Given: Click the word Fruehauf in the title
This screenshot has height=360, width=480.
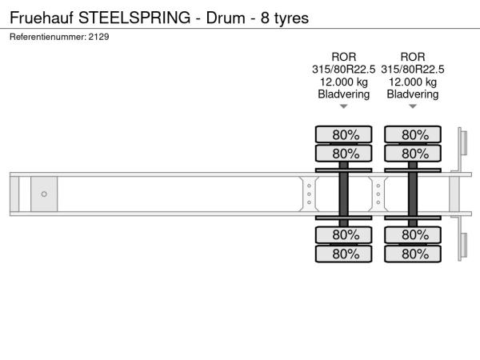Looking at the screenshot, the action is click(42, 18).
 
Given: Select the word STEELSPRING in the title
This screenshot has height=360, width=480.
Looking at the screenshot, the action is click(134, 18).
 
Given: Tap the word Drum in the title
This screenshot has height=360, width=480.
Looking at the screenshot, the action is click(226, 18).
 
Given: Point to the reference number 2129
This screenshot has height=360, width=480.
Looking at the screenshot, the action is click(98, 37).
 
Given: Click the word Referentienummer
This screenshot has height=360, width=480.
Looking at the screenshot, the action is click(48, 37).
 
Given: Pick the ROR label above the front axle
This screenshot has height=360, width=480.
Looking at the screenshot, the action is click(344, 57).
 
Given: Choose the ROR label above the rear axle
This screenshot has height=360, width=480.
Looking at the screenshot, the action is click(413, 57).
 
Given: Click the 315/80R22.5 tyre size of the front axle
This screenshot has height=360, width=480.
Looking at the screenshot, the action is click(343, 70).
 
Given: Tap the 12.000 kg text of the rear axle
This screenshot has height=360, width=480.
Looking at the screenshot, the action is click(413, 82).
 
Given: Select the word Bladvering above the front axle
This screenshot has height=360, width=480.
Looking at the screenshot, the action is click(344, 94).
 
